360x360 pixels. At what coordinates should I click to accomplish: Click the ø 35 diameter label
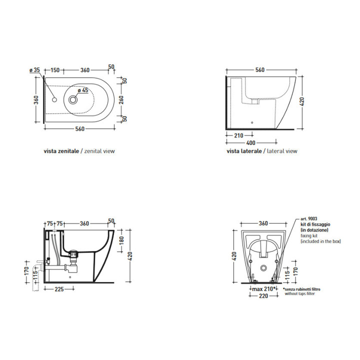tap(34, 70)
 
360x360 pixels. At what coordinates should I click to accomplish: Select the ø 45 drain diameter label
tap(83, 90)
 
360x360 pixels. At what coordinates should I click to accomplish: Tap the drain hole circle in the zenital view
tap(73, 99)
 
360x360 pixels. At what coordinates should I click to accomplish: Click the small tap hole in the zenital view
tap(54, 99)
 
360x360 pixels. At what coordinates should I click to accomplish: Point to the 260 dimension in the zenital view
tap(121, 99)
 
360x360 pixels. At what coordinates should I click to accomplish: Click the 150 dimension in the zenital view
tap(55, 70)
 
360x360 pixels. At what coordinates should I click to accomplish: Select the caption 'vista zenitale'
tap(61, 151)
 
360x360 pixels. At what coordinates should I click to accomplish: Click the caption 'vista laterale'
tap(244, 151)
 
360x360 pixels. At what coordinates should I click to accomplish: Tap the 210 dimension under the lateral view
tap(238, 135)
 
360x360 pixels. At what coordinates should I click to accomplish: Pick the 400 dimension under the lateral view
tap(250, 143)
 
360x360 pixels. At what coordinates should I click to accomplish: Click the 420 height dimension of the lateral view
tap(301, 101)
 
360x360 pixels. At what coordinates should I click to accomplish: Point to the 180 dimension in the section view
tap(121, 240)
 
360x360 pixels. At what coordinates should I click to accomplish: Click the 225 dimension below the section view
tap(59, 289)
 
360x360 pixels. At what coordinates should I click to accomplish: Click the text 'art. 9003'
tap(309, 219)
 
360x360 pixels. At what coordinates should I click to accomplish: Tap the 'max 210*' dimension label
tap(263, 289)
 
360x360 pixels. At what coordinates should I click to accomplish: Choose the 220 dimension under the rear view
tap(263, 296)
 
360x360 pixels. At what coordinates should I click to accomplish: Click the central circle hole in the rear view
tap(263, 267)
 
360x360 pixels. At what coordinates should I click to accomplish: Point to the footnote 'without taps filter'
tap(300, 293)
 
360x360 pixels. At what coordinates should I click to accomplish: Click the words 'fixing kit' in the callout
tap(309, 235)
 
